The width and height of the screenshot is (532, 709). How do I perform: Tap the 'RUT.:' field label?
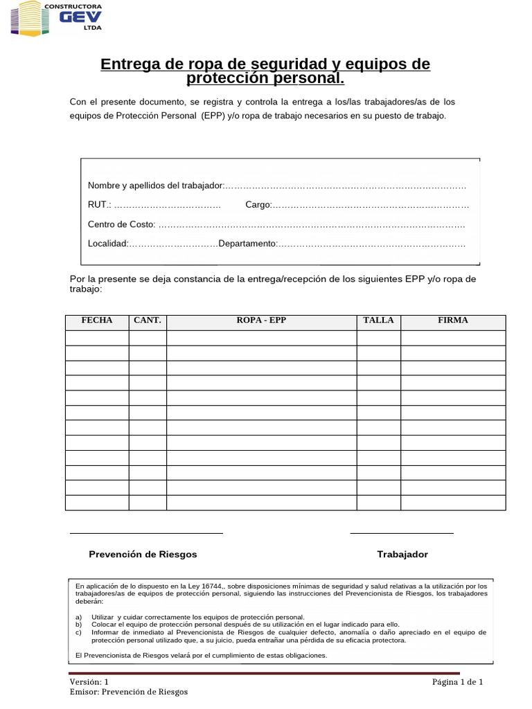coord(99,205)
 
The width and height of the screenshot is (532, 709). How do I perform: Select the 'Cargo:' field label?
coord(258,205)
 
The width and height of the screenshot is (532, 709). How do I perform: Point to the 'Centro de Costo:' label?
coord(122,224)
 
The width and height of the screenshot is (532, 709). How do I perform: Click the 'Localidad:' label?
coord(108,244)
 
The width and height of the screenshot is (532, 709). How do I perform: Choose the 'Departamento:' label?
coord(247,244)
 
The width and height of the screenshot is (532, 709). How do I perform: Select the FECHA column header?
coord(97,321)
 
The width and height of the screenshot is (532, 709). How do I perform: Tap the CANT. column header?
coord(148,321)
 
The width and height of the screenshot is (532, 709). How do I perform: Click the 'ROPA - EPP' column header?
coord(261,321)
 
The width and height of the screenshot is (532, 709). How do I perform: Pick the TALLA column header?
coord(378,321)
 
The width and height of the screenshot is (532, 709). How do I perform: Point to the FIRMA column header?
coord(453,321)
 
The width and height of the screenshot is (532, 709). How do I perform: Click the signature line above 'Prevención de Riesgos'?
coord(146,533)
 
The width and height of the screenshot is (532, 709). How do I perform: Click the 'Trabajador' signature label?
coord(402,555)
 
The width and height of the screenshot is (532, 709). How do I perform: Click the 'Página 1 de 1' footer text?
coord(457,682)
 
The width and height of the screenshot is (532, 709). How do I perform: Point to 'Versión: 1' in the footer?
coord(89,682)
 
